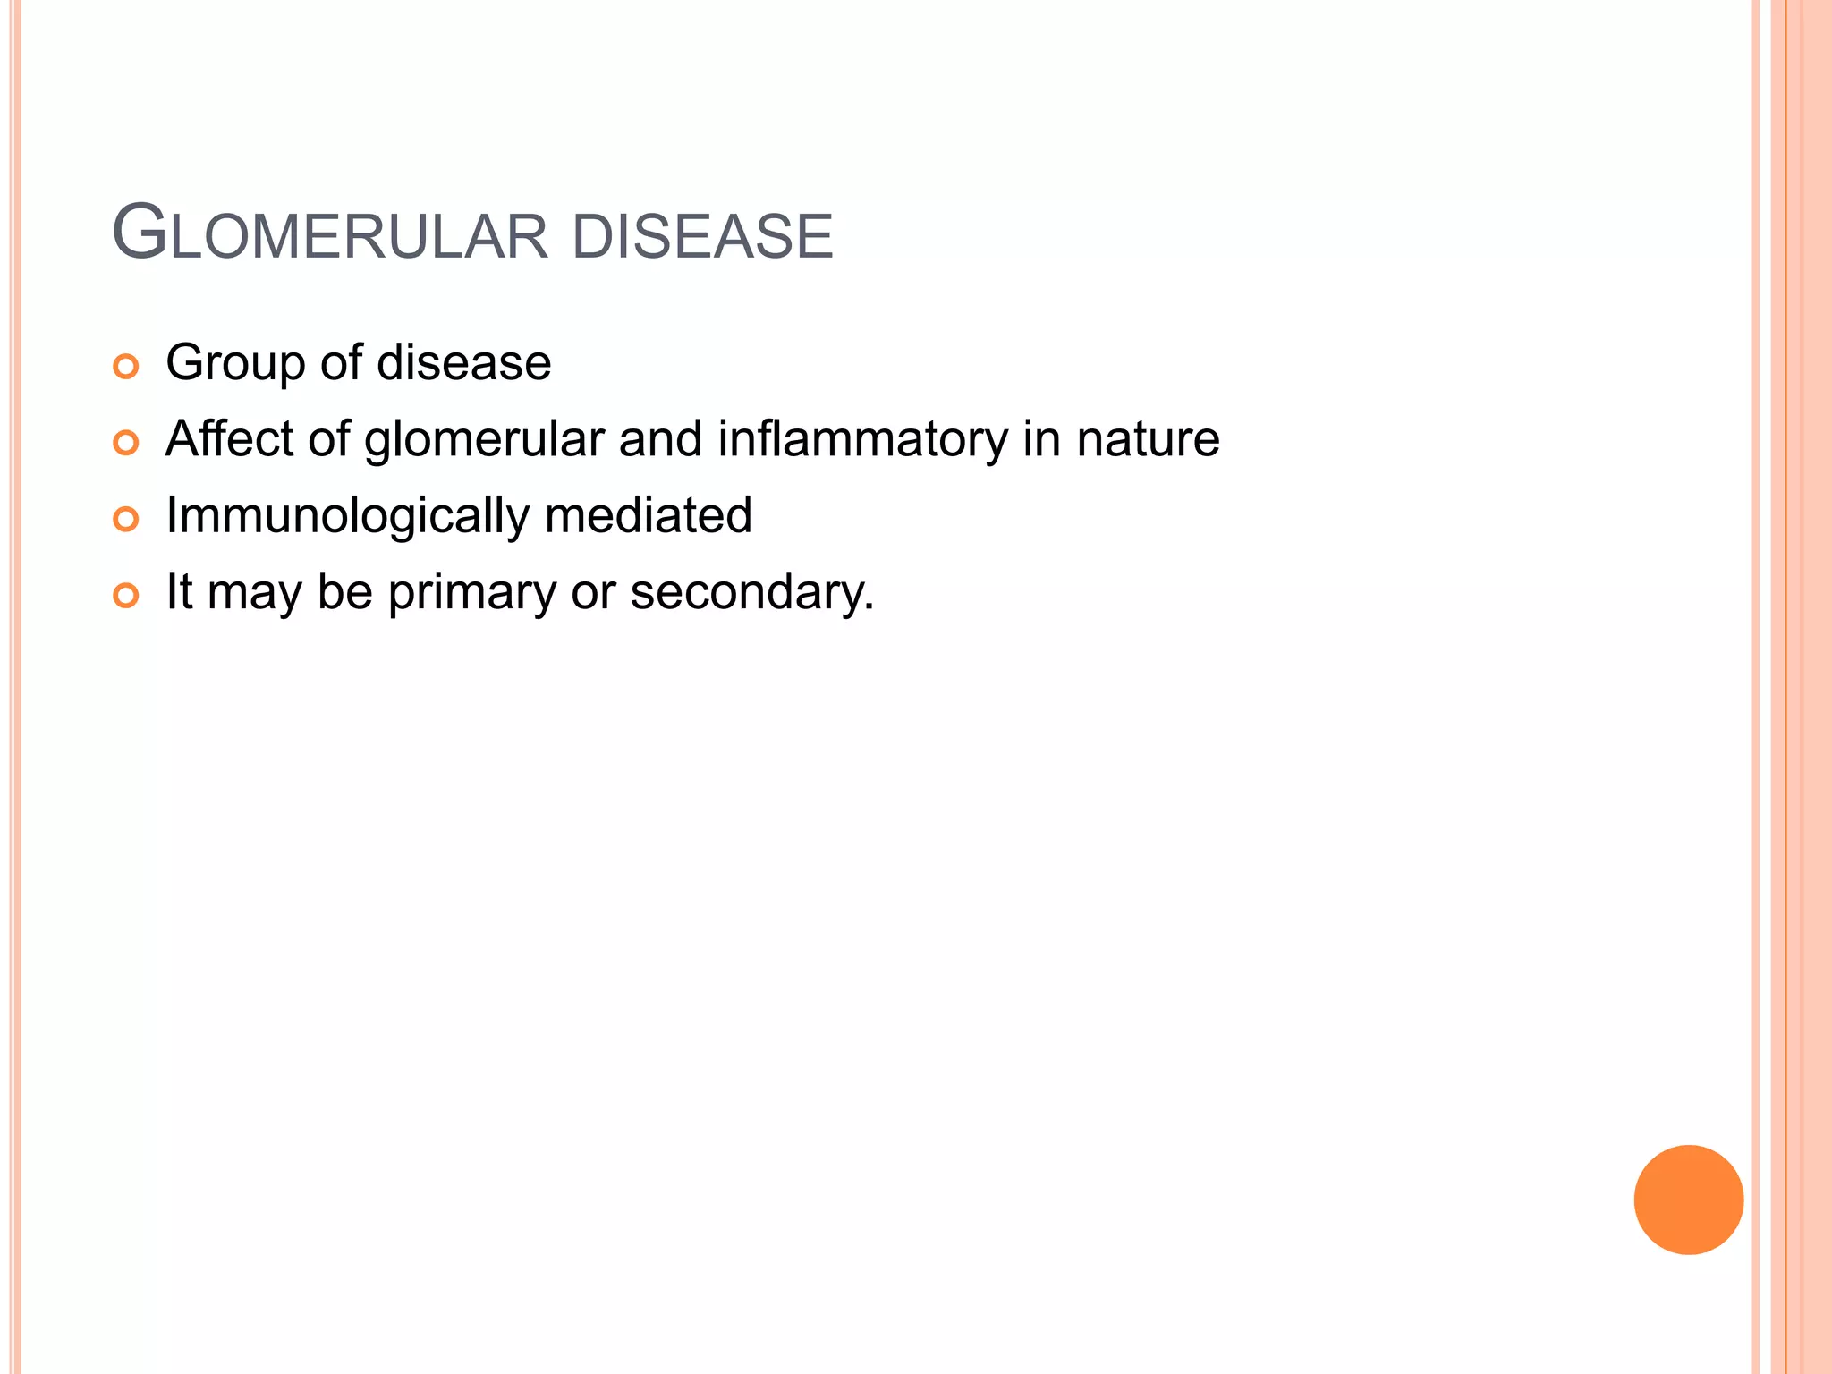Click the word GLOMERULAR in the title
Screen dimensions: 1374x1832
[329, 235]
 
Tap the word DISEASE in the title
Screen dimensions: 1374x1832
[702, 237]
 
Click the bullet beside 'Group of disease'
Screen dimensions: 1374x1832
[126, 367]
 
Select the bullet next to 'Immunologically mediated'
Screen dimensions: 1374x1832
[126, 520]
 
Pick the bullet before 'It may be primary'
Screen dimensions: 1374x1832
[126, 596]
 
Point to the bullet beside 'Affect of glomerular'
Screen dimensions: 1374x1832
[126, 443]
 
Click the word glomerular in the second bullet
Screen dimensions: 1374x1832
[484, 440]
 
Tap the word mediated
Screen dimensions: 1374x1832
[648, 515]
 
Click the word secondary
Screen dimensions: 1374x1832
[751, 592]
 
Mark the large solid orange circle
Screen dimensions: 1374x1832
[1688, 1200]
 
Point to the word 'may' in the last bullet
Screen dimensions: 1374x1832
[254, 596]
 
